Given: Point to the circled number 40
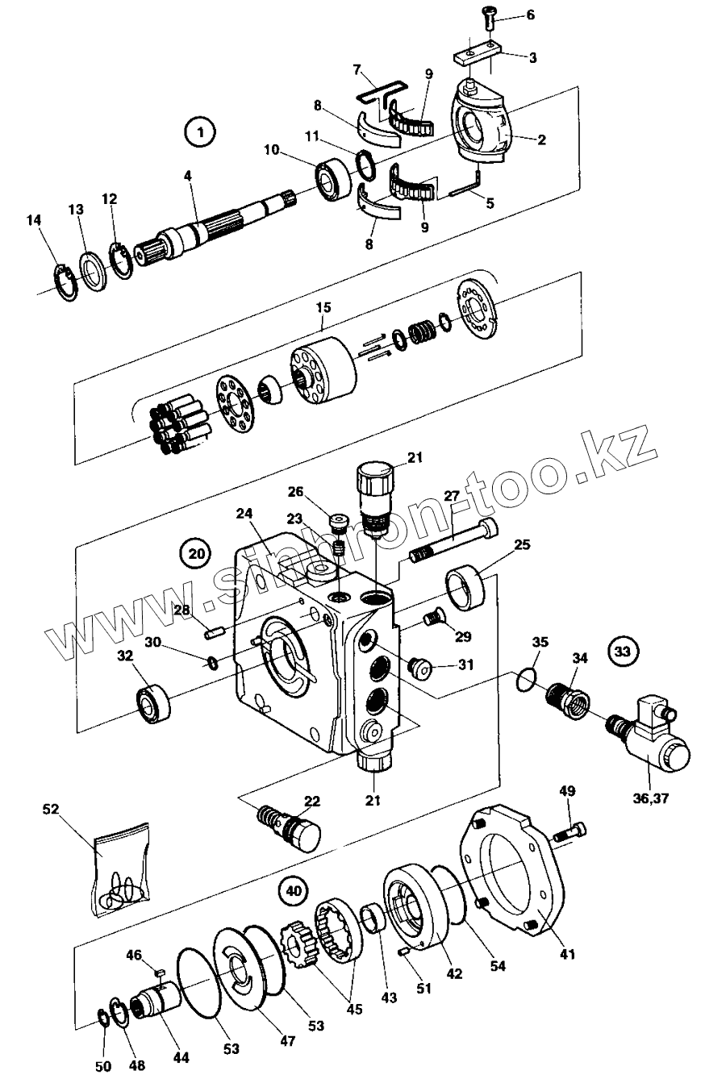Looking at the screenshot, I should pos(294,890).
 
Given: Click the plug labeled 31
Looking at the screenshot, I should pos(420,667).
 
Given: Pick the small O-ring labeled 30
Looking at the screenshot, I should pos(213,663).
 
